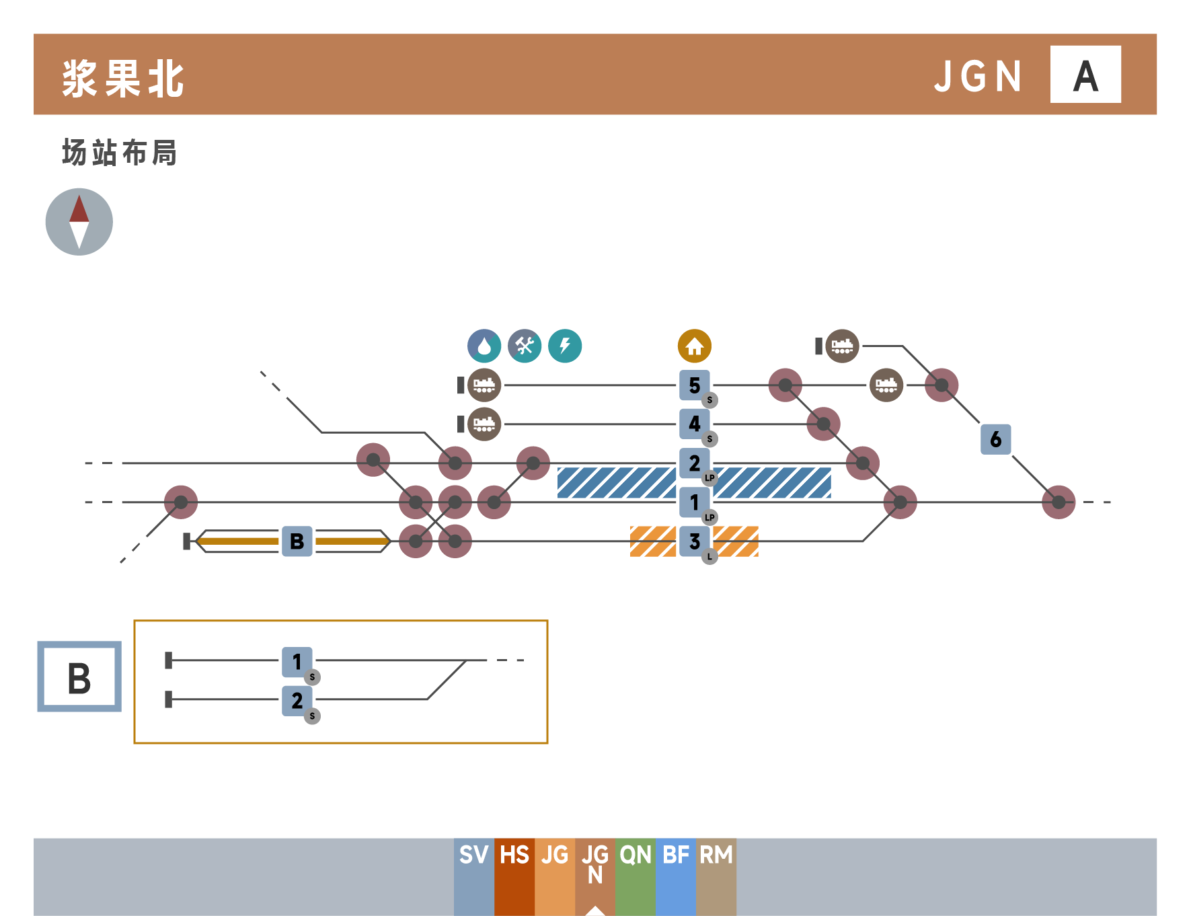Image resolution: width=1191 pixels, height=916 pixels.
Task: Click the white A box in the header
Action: tap(1085, 74)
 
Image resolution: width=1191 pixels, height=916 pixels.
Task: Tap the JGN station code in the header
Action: tap(978, 76)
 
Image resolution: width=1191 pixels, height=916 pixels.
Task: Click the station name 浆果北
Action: tap(123, 79)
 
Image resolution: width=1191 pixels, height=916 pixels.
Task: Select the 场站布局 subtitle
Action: tap(120, 153)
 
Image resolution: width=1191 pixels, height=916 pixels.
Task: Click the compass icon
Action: tap(79, 222)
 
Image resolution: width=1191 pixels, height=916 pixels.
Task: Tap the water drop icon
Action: tap(484, 346)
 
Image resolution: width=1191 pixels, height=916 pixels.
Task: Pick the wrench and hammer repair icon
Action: tap(525, 346)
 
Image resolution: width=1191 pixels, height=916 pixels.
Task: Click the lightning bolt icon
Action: tap(565, 346)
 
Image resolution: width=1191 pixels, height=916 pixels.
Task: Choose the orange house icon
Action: tap(695, 346)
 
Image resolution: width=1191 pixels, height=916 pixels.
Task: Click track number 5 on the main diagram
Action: tap(695, 385)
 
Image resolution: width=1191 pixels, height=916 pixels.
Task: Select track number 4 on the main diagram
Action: tap(695, 424)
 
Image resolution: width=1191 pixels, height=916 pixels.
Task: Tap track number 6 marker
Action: tap(996, 439)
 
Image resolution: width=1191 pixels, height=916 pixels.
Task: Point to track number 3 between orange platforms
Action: tap(695, 541)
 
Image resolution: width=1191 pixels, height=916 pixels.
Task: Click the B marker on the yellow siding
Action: tap(297, 541)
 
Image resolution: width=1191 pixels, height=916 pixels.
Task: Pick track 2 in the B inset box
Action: tap(297, 700)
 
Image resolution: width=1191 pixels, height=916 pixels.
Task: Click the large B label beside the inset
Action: tap(79, 677)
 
